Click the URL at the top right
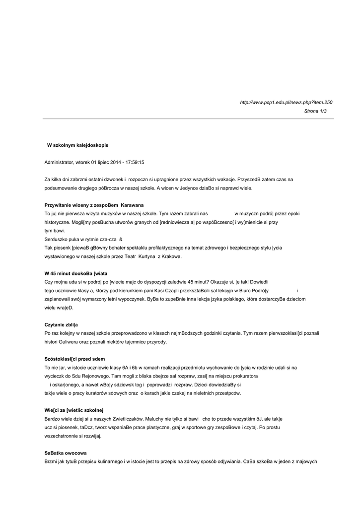286,102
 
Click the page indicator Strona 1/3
315,111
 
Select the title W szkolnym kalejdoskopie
77,145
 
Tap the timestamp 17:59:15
135,162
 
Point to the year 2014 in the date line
115,162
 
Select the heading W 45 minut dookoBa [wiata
75,273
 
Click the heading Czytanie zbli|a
61,324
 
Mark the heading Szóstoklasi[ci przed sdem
74,359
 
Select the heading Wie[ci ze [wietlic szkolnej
73,410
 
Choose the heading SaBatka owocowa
66,453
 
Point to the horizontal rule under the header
188,119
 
